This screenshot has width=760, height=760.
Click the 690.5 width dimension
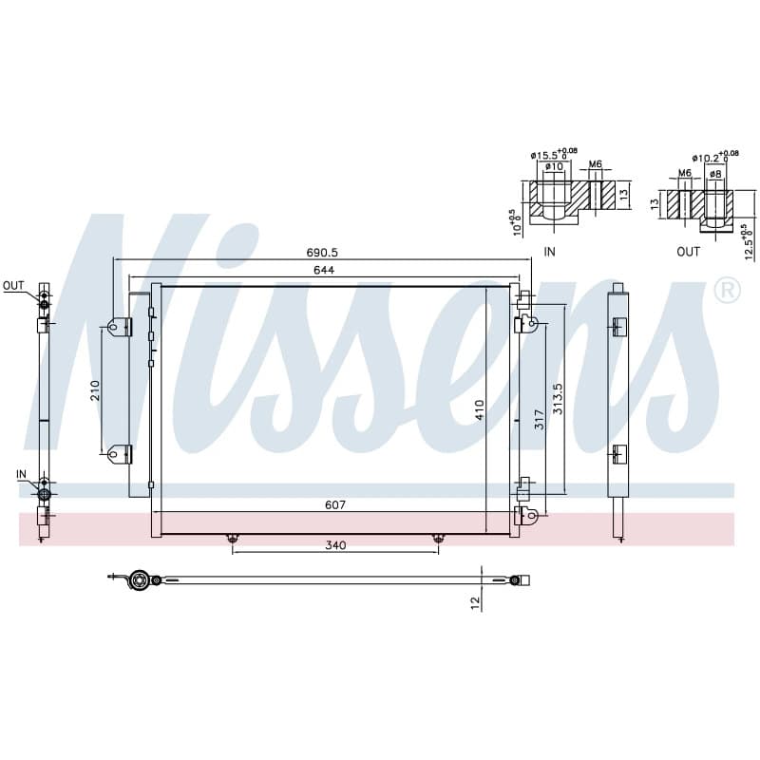pyautogui.click(x=322, y=253)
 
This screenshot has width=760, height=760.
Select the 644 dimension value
pyautogui.click(x=324, y=270)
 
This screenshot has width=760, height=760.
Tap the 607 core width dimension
pyautogui.click(x=335, y=505)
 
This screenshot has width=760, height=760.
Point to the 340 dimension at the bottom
pyautogui.click(x=335, y=545)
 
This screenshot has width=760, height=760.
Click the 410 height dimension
pyautogui.click(x=480, y=410)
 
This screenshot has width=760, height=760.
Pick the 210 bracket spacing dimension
pyautogui.click(x=95, y=390)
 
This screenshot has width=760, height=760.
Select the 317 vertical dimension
pyautogui.click(x=540, y=420)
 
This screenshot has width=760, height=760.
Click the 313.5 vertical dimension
pyautogui.click(x=558, y=398)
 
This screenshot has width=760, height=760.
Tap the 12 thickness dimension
pyautogui.click(x=475, y=602)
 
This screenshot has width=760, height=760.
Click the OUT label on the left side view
pyautogui.click(x=13, y=286)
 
